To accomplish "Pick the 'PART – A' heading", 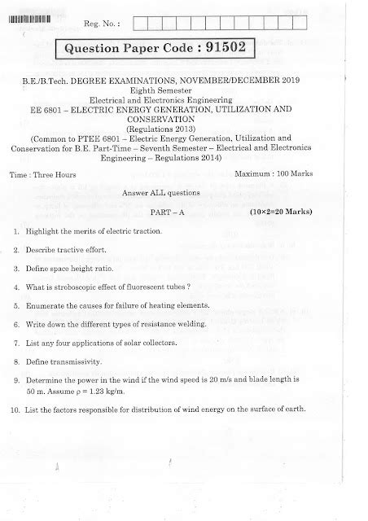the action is (184, 212).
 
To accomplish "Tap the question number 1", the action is (16, 233).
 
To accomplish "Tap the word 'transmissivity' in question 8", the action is (77, 361).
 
